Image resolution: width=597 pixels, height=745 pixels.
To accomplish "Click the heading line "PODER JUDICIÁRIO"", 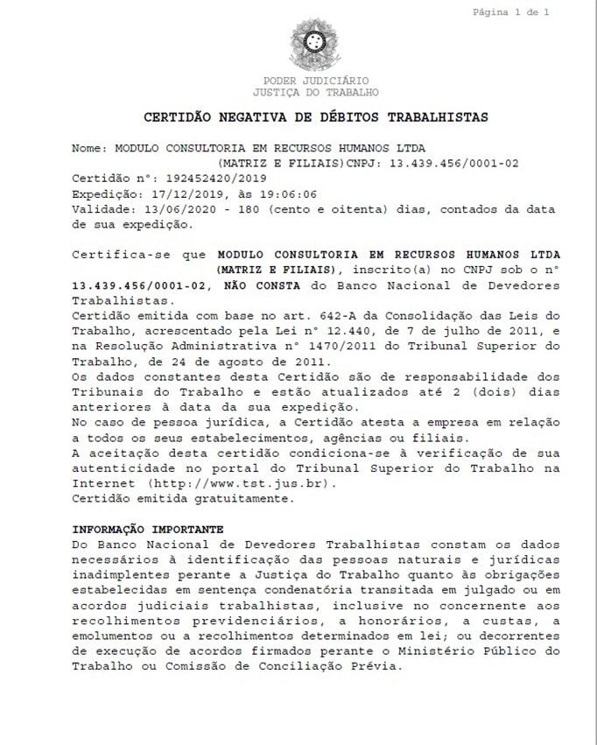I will click(316, 80).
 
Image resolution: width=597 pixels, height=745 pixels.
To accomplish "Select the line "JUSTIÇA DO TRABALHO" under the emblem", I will click(316, 91).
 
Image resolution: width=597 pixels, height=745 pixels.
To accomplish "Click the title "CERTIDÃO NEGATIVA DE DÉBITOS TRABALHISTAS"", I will click(315, 116).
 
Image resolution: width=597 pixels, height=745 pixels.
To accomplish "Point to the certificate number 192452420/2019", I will click(196, 178).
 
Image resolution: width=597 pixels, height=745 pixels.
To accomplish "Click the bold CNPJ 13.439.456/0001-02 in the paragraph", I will click(144, 285).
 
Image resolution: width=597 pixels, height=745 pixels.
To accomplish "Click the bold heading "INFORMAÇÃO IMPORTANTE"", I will click(147, 529).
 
